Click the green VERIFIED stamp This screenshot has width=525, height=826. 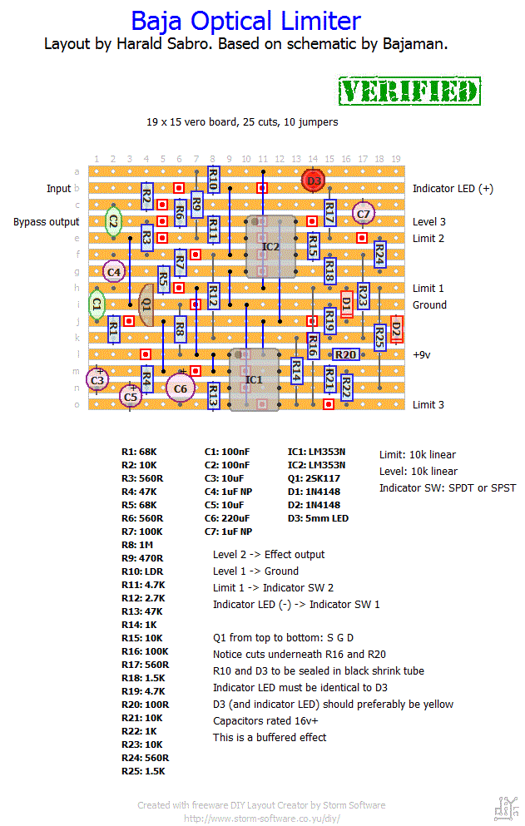409,92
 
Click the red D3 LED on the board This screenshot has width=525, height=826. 314,181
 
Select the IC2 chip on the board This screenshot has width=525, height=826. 270,246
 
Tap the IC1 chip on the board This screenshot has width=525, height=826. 254,379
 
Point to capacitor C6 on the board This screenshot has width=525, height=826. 181,388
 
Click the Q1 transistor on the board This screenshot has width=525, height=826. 146,304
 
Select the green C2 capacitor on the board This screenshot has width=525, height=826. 113,222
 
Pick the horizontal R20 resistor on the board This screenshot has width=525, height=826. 346,354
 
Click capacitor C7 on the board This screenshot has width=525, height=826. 364,214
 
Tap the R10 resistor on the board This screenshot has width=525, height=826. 213,180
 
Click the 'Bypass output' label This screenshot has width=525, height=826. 47,222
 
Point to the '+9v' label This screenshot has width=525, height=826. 422,355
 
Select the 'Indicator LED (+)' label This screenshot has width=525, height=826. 453,189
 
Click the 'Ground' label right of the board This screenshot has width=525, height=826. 429,305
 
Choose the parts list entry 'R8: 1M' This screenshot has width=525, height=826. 137,545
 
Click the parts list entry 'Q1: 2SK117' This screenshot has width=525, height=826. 314,478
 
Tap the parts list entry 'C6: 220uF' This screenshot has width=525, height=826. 227,518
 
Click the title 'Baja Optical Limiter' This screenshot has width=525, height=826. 245,22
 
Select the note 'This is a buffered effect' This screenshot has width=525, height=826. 270,738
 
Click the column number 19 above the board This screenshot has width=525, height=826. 396,159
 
